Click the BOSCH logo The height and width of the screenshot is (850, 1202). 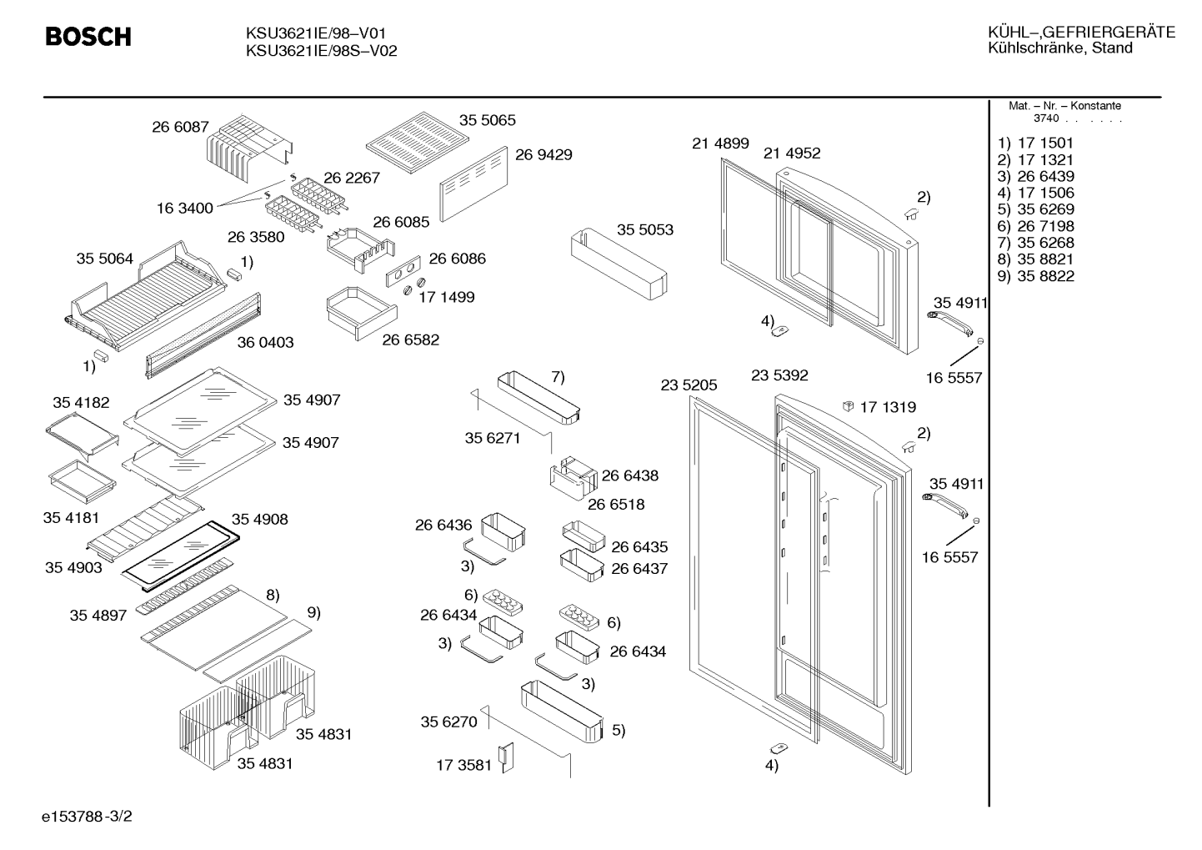pyautogui.click(x=88, y=37)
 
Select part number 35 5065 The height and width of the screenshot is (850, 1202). pyautogui.click(x=488, y=120)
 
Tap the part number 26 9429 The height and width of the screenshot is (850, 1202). pyautogui.click(x=543, y=154)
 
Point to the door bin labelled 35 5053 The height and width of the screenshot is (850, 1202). pyautogui.click(x=619, y=264)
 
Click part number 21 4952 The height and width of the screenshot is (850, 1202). pyautogui.click(x=792, y=153)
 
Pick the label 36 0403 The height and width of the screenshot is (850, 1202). pyautogui.click(x=266, y=343)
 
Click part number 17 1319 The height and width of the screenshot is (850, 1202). pyautogui.click(x=888, y=408)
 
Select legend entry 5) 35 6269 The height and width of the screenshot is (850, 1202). pyautogui.click(x=1036, y=209)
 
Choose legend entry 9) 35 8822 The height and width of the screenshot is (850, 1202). pyautogui.click(x=1036, y=276)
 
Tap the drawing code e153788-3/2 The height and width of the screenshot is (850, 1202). pyautogui.click(x=87, y=817)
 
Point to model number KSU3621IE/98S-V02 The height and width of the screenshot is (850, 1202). pyautogui.click(x=322, y=51)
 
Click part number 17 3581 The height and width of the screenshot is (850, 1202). pyautogui.click(x=463, y=765)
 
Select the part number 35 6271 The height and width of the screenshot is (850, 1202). pyautogui.click(x=493, y=438)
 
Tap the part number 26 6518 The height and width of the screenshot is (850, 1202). pyautogui.click(x=616, y=505)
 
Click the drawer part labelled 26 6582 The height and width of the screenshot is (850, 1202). pyautogui.click(x=362, y=313)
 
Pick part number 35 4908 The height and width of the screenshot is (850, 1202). pyautogui.click(x=260, y=519)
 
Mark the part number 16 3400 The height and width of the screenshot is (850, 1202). pyautogui.click(x=184, y=209)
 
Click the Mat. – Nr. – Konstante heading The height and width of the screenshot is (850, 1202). pyautogui.click(x=1064, y=106)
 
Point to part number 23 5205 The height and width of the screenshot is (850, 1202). pyautogui.click(x=689, y=385)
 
